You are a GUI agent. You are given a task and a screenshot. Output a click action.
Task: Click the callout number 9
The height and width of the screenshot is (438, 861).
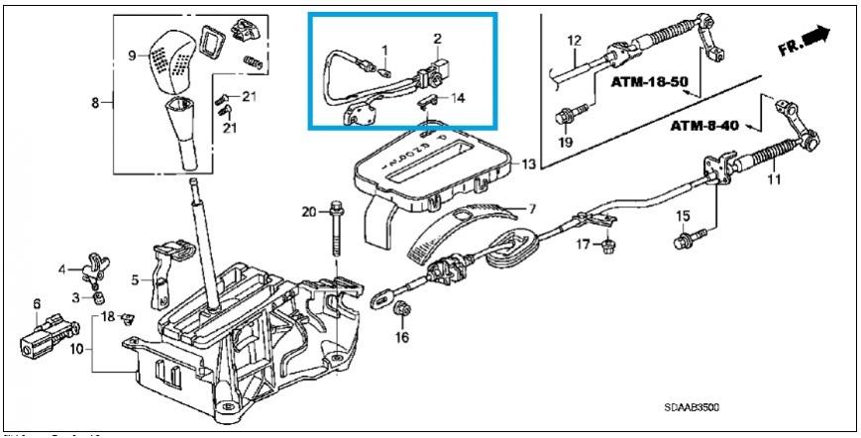point(132,55)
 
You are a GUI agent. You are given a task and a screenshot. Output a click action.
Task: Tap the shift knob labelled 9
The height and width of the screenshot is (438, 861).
point(173,59)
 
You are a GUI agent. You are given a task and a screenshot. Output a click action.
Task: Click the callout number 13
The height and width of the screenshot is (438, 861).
point(529,164)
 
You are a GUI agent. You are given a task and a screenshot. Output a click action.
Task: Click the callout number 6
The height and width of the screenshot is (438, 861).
point(37,304)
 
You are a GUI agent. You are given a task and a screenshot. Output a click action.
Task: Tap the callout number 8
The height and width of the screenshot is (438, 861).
point(96,103)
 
